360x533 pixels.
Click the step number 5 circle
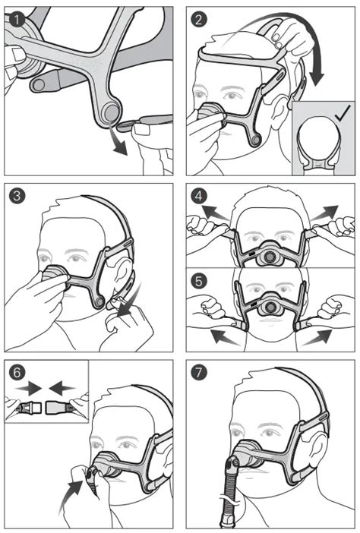coord(197,279)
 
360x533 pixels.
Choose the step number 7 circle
coord(197,374)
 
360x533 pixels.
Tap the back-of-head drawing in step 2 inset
coord(318,140)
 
